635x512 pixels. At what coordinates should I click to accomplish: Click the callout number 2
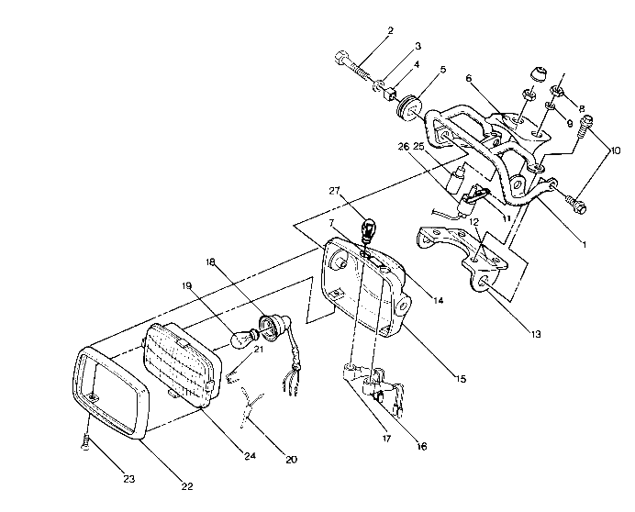click(x=389, y=30)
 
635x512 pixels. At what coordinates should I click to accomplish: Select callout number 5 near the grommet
click(x=442, y=70)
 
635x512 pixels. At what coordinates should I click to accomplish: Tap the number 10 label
click(x=615, y=150)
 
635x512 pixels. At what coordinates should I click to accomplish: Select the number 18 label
click(x=210, y=262)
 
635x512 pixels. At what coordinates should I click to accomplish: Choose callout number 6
click(x=467, y=80)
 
